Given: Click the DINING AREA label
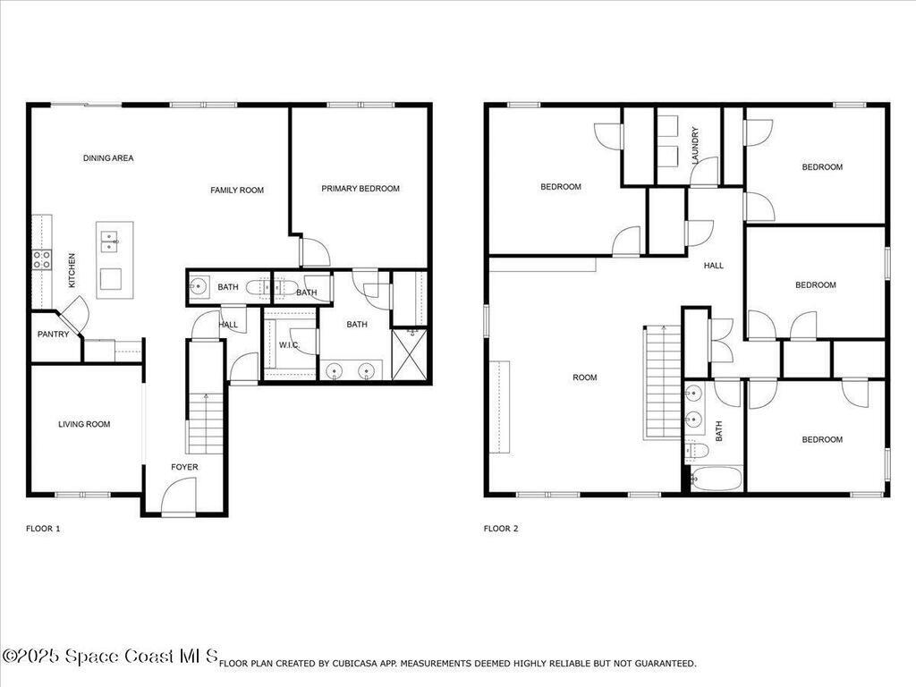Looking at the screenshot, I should pos(108,158).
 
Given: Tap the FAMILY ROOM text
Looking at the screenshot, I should pos(237,190).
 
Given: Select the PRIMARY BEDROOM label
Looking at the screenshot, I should pos(360,189).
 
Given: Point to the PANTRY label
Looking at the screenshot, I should pos(54,335).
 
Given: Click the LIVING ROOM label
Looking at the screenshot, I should pos(84,424).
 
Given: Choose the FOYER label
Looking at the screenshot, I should pos(184,467).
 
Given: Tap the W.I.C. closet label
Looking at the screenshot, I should pos(288,345).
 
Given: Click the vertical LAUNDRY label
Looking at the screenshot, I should pos(695,145).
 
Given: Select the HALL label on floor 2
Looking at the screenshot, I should pos(713,266).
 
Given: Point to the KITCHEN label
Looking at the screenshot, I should pos(72,270).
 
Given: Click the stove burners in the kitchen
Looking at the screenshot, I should pos(42,259).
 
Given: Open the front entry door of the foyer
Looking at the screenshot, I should pos(178,497).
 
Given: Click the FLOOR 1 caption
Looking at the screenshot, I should pos(43,529).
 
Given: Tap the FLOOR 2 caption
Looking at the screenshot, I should pos(501,529).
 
